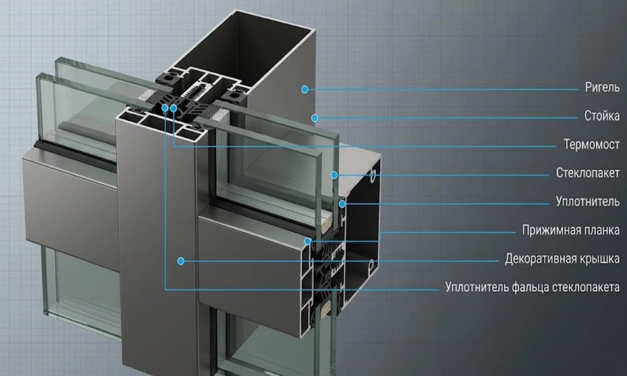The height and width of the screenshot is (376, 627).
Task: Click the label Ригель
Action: coord(602,88)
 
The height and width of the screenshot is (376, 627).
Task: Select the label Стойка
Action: coord(602,116)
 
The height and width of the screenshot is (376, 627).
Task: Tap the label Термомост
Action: coord(591,144)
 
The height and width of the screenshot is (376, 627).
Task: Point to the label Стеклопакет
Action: coord(588,173)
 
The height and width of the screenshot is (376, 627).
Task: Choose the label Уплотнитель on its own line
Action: coord(587,202)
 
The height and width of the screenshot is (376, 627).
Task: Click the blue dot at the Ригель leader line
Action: coord(305,90)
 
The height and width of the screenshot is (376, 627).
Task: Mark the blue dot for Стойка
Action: coord(314,118)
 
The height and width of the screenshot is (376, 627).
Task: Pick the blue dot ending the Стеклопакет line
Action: coord(334,175)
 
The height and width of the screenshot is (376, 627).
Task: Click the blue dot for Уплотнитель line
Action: coord(342,204)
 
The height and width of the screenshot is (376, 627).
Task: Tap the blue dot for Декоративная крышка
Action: coord(181,261)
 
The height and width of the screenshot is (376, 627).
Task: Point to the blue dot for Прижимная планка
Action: coord(308,241)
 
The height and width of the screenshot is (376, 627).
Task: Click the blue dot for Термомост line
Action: coord(173,108)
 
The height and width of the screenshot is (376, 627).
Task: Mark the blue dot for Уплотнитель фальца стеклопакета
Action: coord(165,108)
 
